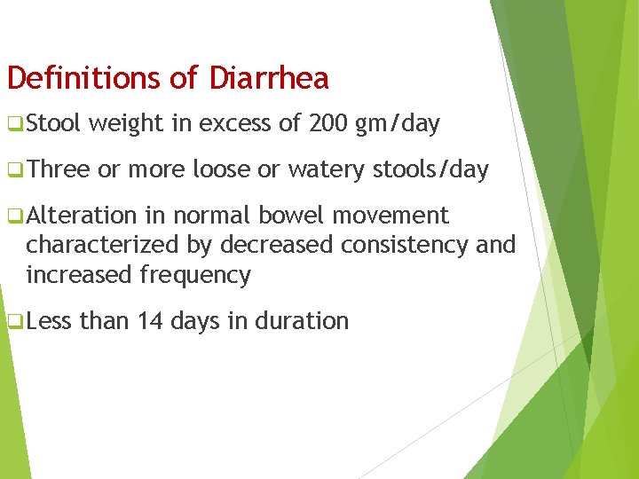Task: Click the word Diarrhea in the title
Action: pos(269,78)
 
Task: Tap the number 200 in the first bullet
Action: pos(328,124)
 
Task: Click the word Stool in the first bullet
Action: pos(54,124)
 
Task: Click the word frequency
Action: pos(195,275)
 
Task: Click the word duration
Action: pos(303,320)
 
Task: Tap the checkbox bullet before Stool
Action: pos(14,125)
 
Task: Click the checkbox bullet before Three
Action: pos(14,170)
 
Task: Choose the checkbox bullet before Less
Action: pos(14,321)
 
